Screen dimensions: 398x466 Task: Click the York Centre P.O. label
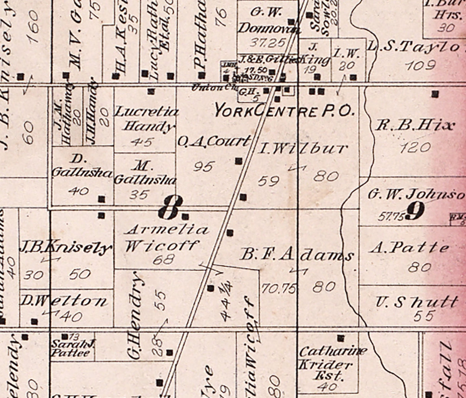(x=284, y=111)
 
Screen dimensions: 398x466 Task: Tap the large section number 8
(x=169, y=208)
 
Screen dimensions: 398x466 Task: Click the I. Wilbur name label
(x=302, y=149)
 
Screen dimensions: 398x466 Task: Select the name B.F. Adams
(x=296, y=255)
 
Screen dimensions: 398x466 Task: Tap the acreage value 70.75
(x=278, y=288)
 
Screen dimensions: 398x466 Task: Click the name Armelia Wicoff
(x=165, y=238)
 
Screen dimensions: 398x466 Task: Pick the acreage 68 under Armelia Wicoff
(x=164, y=260)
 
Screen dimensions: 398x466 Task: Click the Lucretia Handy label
(x=146, y=119)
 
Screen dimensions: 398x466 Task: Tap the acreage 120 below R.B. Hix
(x=415, y=147)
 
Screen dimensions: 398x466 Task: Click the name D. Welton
(x=64, y=301)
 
